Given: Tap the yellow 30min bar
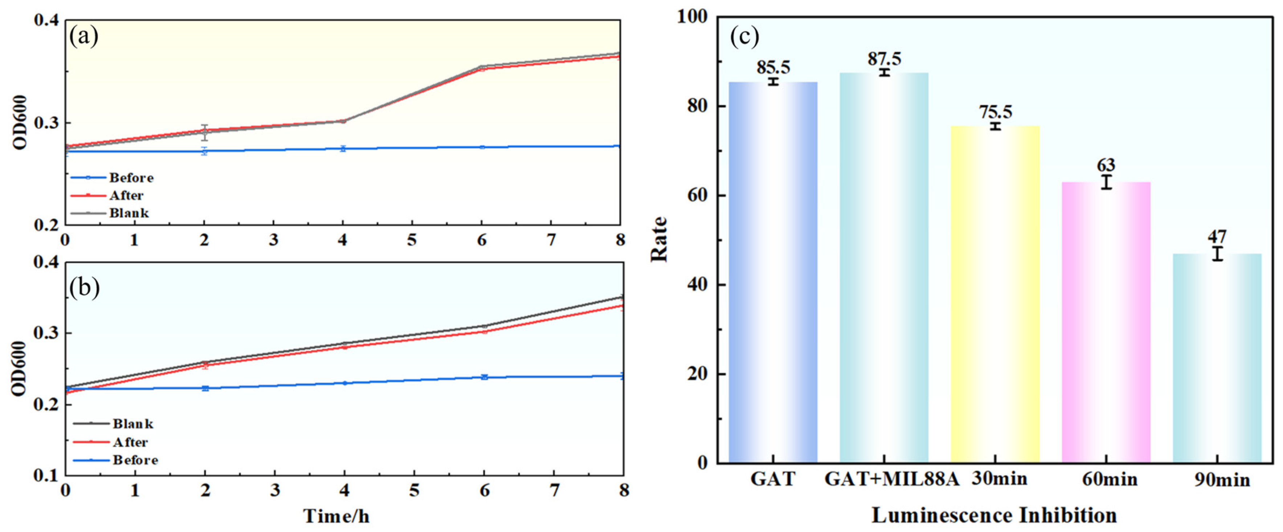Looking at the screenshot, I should click(x=995, y=294).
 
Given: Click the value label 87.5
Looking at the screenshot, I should click(x=884, y=59).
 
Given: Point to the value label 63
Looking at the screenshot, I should click(x=1106, y=165).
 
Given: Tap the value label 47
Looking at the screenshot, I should click(x=1217, y=236).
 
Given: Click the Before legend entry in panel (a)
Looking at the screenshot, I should click(x=131, y=178).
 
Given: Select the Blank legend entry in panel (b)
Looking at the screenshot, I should click(x=132, y=424).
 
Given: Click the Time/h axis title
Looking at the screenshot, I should click(x=337, y=516).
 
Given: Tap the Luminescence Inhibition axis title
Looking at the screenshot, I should click(x=994, y=515).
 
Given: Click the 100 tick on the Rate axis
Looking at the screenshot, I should click(x=692, y=16).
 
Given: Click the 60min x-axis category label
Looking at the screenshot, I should click(x=1110, y=479).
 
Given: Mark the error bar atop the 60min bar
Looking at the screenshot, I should click(x=1106, y=182).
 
